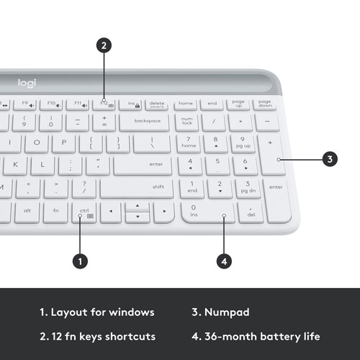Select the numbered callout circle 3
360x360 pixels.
(329, 159)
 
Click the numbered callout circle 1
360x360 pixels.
(81, 261)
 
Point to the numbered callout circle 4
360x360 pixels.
(225, 261)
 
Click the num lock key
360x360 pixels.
(187, 122)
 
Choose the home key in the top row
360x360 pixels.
(186, 104)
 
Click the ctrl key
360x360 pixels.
(84, 212)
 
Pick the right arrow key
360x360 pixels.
(163, 212)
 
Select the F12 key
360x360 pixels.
(106, 104)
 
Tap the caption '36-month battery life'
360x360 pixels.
(264, 336)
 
